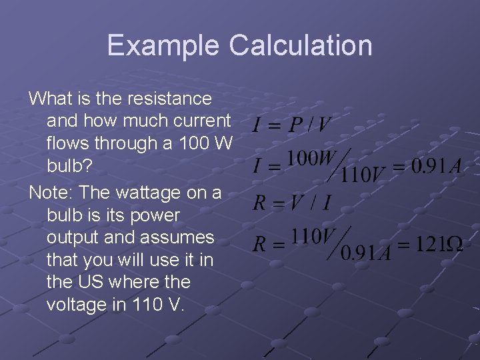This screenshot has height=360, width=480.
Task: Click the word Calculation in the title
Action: coord(301,45)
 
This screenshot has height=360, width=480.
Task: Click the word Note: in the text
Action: coord(51,193)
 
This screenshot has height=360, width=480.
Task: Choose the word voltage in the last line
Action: coord(75,305)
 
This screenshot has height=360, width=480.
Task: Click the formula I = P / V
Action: coord(292,124)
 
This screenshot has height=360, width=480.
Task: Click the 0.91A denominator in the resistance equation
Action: coord(365,253)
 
